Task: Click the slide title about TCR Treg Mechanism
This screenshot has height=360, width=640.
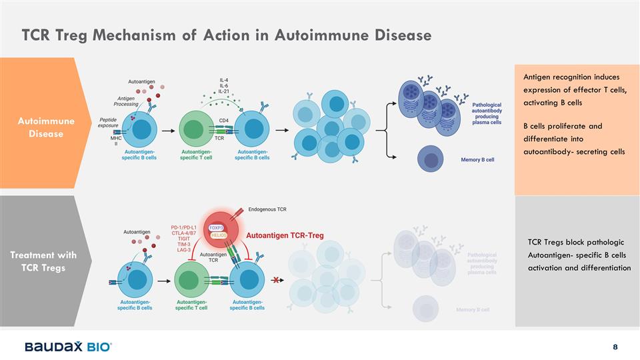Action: point(226,34)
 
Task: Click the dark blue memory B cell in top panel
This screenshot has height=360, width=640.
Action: point(431,160)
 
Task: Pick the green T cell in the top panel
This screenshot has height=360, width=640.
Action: point(194,129)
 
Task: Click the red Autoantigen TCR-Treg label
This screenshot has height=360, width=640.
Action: point(285,235)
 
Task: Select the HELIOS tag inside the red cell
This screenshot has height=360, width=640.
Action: point(219,235)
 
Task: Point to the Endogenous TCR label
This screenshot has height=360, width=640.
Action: point(267,209)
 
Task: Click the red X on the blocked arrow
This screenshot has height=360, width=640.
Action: point(274,281)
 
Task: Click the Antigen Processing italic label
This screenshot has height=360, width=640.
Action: point(125,101)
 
